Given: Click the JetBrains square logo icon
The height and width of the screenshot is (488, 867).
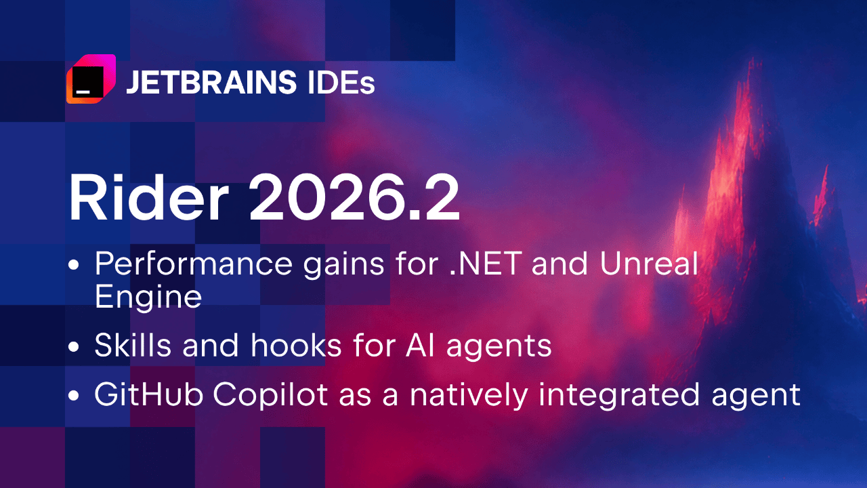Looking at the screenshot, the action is [91, 79].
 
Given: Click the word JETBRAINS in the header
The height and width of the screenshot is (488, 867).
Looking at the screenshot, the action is [211, 82].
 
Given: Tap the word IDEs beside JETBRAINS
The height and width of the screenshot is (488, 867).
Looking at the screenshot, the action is [341, 82].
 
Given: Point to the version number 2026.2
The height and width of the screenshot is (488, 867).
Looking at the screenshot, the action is [354, 197].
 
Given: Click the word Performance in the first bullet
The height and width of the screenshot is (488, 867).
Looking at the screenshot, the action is [194, 264].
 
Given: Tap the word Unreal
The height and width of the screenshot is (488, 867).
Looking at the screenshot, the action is [649, 263].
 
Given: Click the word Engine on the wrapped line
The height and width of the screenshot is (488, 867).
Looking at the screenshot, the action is [148, 298].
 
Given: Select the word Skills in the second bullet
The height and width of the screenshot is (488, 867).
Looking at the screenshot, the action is [133, 345].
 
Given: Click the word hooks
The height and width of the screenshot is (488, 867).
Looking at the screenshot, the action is [296, 345].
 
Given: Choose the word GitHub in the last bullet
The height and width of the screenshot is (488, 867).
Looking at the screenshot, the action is [149, 394].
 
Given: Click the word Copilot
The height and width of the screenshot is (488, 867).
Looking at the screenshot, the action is [270, 395].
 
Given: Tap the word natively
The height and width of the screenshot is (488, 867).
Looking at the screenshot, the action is [469, 395].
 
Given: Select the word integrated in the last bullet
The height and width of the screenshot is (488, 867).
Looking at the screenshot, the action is [619, 395].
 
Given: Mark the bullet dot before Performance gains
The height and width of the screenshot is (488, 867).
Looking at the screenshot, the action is [73, 265].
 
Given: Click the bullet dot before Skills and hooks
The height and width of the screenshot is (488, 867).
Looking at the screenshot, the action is [73, 346].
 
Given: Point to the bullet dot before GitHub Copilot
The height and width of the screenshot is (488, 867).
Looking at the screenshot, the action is [73, 396].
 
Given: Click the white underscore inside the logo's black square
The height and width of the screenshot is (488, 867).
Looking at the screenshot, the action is [83, 92].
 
